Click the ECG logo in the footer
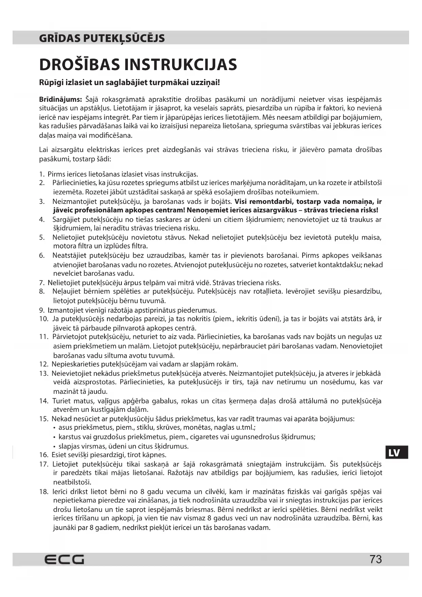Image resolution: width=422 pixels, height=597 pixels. coord(64,560)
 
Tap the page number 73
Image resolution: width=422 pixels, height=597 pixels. coord(376,559)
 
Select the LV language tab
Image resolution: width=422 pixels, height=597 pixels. coord(394,453)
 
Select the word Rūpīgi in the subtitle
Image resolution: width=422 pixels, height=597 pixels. coord(50,83)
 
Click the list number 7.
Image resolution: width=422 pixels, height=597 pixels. coord(41,283)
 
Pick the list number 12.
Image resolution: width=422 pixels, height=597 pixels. coord(44,364)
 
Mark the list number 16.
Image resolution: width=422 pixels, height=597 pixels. coord(44,455)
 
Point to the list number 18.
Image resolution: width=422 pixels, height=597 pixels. coord(44,491)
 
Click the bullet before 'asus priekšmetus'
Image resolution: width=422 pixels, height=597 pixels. coord(55,428)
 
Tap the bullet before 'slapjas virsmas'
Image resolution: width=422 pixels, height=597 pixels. coord(55,446)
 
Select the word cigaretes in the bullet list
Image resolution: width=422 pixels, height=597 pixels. coord(204,437)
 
